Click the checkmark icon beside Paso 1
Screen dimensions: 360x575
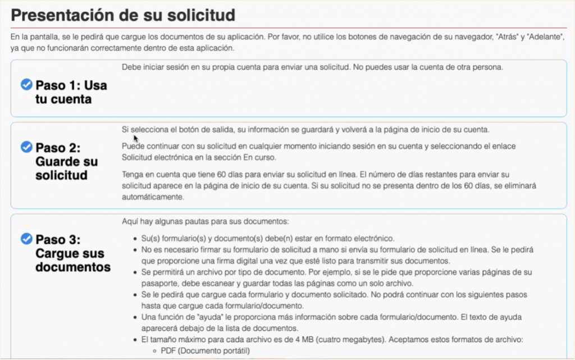click(26, 85)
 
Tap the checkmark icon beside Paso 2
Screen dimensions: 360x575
click(26, 147)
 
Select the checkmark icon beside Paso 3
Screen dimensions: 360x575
click(26, 239)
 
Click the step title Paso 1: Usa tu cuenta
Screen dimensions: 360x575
click(71, 93)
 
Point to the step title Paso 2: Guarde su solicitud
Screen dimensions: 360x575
click(66, 161)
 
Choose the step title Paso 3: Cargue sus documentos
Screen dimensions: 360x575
click(72, 253)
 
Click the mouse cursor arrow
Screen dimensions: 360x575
click(135, 137)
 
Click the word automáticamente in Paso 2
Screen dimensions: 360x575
click(153, 198)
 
